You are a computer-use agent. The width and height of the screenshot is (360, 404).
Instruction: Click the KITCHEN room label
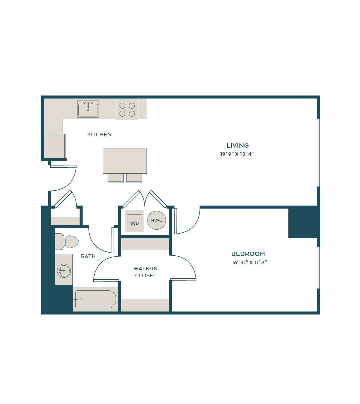[99, 135]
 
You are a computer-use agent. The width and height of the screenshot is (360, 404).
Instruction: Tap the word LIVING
[237, 146]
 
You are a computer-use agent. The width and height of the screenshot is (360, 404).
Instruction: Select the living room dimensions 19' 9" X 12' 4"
[237, 154]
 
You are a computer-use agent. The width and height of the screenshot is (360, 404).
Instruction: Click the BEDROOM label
[248, 254]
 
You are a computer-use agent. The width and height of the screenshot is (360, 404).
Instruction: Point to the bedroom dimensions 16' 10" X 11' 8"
[249, 262]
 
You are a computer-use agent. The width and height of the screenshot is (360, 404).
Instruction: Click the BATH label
[88, 256]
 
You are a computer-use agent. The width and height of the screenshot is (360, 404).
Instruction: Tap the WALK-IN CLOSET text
[146, 272]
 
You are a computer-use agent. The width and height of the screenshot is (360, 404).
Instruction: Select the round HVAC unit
[157, 220]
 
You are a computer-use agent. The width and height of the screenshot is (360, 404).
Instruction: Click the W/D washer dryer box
[135, 221]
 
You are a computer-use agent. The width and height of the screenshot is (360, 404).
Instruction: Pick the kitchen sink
[88, 109]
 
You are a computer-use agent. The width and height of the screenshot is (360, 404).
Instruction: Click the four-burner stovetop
[127, 109]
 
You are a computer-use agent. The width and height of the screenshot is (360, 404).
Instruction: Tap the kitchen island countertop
[125, 161]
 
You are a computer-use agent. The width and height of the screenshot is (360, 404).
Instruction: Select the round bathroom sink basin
[64, 271]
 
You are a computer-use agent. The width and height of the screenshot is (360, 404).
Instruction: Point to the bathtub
[96, 300]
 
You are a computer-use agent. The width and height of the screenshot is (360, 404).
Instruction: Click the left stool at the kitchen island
[116, 178]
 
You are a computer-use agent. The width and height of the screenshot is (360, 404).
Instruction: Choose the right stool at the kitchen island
[134, 178]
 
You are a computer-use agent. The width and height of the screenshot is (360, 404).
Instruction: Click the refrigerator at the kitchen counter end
[55, 146]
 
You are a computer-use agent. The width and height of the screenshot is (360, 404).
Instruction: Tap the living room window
[318, 153]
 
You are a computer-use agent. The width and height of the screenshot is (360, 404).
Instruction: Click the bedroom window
[318, 268]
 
